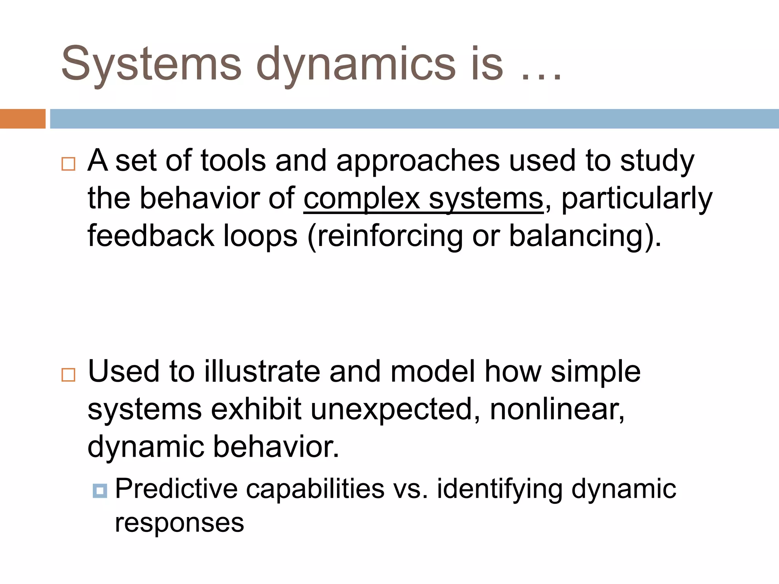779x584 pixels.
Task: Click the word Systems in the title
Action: (x=151, y=64)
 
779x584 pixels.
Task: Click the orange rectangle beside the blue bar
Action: (x=22, y=119)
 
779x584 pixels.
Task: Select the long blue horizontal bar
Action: (x=414, y=119)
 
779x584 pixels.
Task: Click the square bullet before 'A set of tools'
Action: (x=68, y=164)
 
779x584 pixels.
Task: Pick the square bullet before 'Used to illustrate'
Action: (x=68, y=375)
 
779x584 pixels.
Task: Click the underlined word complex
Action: (x=361, y=199)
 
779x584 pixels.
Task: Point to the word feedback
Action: (x=151, y=236)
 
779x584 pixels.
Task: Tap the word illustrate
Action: (x=262, y=372)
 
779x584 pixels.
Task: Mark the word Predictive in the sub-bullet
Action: (x=176, y=489)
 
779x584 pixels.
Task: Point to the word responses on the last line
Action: (x=179, y=523)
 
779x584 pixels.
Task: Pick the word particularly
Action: (x=636, y=199)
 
